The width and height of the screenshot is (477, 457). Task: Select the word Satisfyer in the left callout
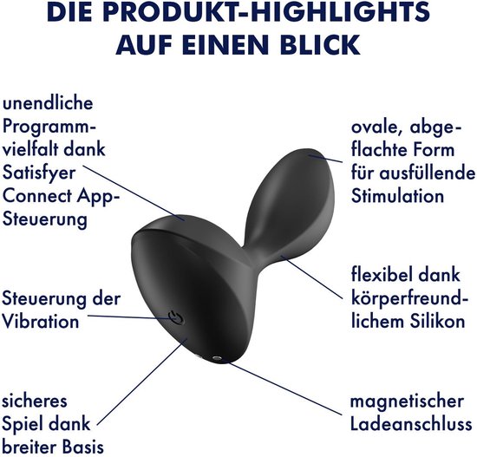pyautogui.click(x=39, y=173)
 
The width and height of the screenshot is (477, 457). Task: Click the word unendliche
pyautogui.click(x=48, y=103)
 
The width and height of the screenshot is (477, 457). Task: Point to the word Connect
pyautogui.click(x=37, y=196)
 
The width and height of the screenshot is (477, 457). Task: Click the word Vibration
pyautogui.click(x=41, y=321)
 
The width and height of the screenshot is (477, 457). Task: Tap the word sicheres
pyautogui.click(x=35, y=401)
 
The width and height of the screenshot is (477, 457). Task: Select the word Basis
pyautogui.click(x=82, y=447)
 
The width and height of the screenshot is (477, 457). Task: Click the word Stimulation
pyautogui.click(x=397, y=196)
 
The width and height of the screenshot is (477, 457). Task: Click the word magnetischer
pyautogui.click(x=407, y=402)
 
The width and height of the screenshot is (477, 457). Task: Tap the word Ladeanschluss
pyautogui.click(x=411, y=424)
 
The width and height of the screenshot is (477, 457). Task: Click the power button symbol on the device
pyautogui.click(x=176, y=318)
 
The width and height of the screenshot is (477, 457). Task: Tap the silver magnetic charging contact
pyautogui.click(x=217, y=358)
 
